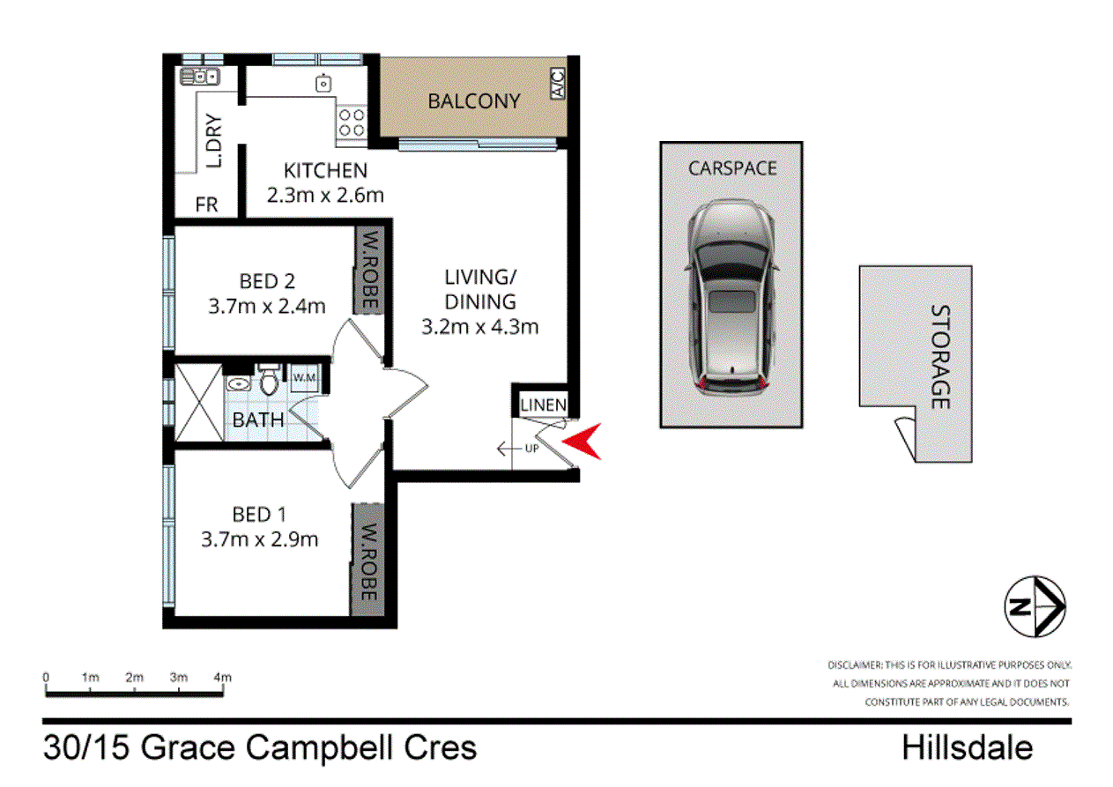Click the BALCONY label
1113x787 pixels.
click(473, 101)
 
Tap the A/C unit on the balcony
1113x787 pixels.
click(557, 85)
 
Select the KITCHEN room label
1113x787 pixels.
click(324, 170)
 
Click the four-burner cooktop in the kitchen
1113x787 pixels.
click(352, 122)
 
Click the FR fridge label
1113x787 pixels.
click(206, 204)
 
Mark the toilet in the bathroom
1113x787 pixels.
click(270, 383)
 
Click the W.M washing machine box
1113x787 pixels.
click(304, 379)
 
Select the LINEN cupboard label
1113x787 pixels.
click(544, 405)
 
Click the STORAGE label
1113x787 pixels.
click(939, 357)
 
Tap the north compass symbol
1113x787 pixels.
click(1035, 607)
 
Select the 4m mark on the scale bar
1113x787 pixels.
click(224, 677)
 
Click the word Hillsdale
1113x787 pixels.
click(967, 748)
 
